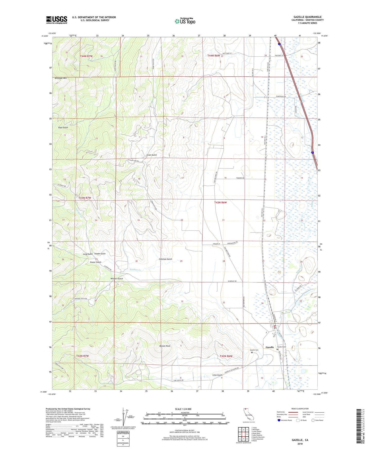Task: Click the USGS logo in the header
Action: pyautogui.click(x=57, y=20)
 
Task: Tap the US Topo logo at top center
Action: pyautogui.click(x=185, y=21)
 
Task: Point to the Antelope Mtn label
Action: pyautogui.click(x=61, y=78)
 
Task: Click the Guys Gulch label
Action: pyautogui.click(x=63, y=128)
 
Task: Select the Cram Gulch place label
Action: pyautogui.click(x=151, y=155)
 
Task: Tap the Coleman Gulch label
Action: pyautogui.click(x=166, y=259)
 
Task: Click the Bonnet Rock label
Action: pyautogui.click(x=165, y=346)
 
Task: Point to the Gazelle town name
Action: pyautogui.click(x=270, y=347)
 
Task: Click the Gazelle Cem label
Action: pyautogui.click(x=254, y=350)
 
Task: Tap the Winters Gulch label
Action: pyautogui.click(x=117, y=279)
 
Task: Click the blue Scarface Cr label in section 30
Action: pyautogui.click(x=135, y=270)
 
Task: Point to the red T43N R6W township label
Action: pyautogui.click(x=220, y=202)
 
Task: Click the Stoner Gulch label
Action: pyautogui.click(x=96, y=262)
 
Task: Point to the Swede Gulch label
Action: pyautogui.click(x=100, y=254)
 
